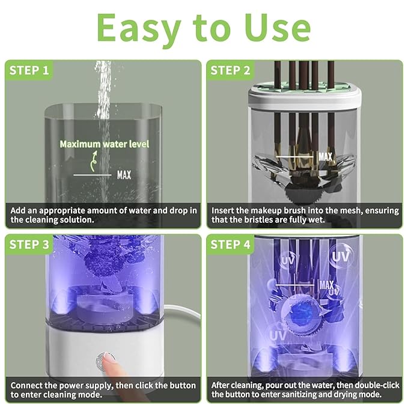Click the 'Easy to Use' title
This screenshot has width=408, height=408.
204,28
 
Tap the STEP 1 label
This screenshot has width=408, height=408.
29,70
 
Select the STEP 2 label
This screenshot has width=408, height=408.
230,70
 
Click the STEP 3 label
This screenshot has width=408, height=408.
29,245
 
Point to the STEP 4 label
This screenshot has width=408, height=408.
230,245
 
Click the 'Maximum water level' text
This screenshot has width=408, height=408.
104,144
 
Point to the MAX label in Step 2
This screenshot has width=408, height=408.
325,157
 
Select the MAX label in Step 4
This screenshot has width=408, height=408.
327,284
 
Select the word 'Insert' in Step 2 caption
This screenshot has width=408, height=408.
224,211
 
